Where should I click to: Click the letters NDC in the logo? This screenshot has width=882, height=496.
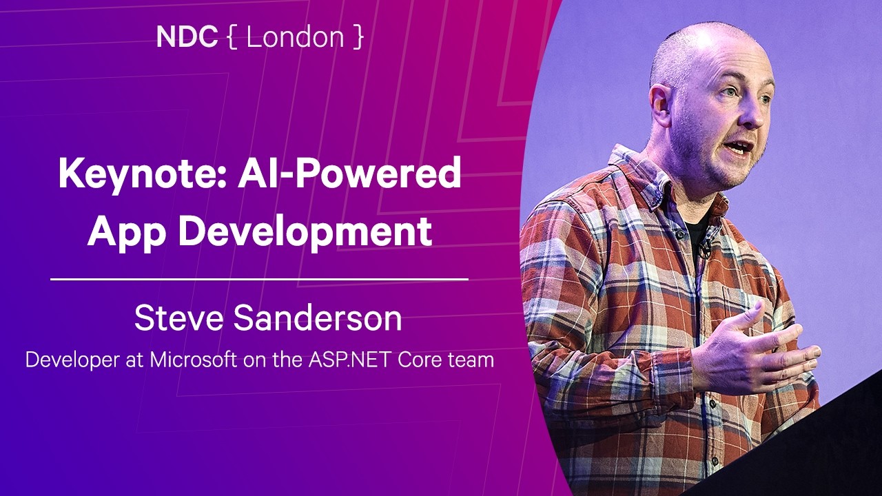tap(187, 37)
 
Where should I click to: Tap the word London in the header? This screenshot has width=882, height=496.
tap(295, 37)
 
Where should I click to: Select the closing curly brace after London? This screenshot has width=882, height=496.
tap(357, 38)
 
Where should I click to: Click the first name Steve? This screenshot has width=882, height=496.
tap(178, 318)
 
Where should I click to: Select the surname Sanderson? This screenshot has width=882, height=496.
tap(316, 318)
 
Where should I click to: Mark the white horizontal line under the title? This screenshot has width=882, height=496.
tap(260, 279)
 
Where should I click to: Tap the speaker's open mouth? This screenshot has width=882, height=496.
tap(739, 147)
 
